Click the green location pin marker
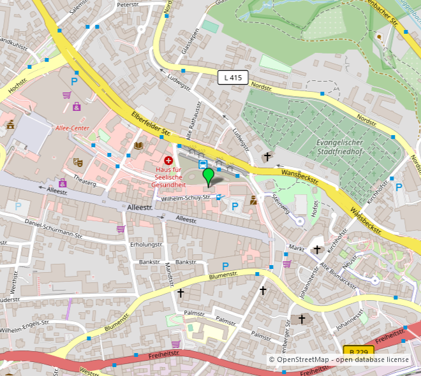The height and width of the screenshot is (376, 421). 208,176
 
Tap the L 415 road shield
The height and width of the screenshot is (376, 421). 232,78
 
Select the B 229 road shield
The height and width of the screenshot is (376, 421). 358,352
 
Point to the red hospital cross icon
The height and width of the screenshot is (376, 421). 169,161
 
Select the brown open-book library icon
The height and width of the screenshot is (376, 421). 138,146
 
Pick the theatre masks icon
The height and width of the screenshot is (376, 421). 78,163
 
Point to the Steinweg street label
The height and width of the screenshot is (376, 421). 280,205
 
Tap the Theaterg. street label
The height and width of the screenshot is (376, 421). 85,183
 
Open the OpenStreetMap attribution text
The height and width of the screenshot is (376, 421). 339,360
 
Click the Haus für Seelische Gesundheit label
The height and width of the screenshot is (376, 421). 169,177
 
